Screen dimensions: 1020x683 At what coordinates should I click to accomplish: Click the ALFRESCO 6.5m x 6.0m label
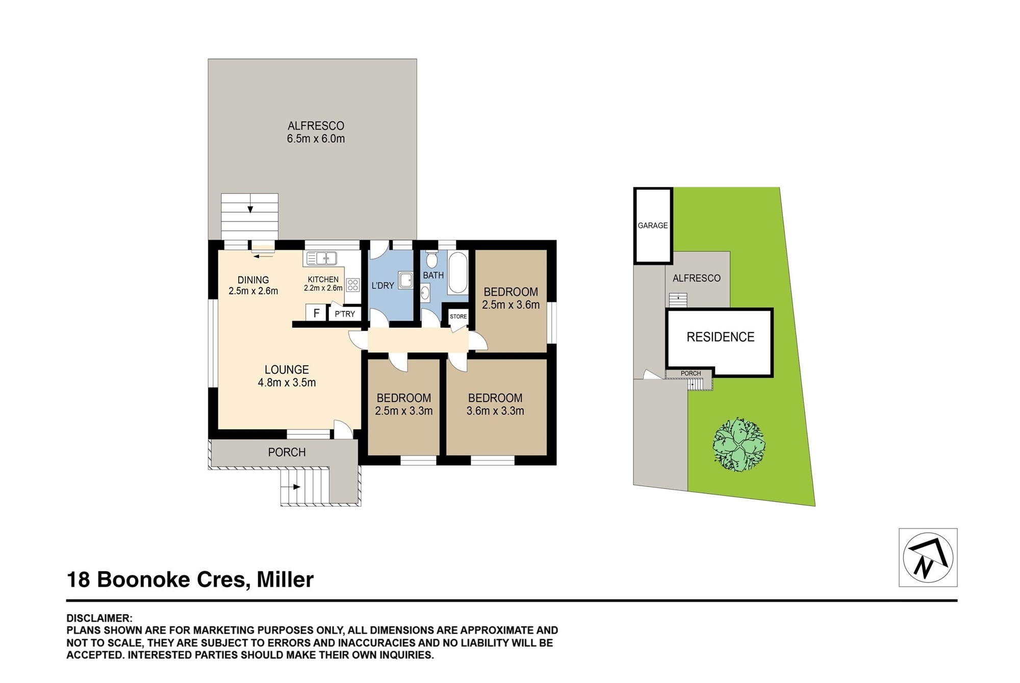(x=316, y=132)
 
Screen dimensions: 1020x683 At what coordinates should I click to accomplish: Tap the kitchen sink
(x=321, y=259)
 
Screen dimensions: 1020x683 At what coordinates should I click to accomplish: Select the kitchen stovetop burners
(x=352, y=285)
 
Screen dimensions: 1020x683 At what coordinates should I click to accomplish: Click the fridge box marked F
(x=316, y=313)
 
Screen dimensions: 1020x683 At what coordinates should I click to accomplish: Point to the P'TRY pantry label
(x=345, y=314)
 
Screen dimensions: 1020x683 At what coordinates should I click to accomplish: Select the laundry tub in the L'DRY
(x=405, y=281)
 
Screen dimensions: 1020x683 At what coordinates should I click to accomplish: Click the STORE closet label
(x=458, y=316)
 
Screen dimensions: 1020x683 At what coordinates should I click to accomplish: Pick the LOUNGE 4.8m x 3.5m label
(x=287, y=376)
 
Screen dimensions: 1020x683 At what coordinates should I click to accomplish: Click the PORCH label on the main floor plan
(x=287, y=452)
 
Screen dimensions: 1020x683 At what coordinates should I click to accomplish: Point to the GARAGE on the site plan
(x=653, y=225)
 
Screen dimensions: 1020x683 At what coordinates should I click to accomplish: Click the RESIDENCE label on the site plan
(x=720, y=337)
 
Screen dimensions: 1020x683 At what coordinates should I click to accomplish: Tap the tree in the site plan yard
(x=738, y=445)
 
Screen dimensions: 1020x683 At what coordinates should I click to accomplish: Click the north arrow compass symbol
(x=928, y=558)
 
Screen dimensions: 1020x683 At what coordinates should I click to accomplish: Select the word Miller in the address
(x=285, y=579)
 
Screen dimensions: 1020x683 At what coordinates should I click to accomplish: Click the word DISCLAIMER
(x=99, y=618)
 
